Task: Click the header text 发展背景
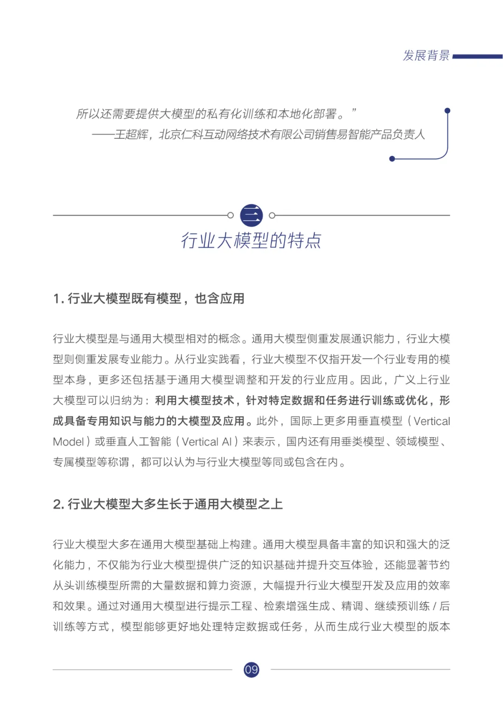pos(426,56)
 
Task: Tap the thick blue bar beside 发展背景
pos(477,57)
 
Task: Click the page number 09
pos(251,670)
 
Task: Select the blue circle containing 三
pos(251,215)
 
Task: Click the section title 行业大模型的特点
pos(251,241)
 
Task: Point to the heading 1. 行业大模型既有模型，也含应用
pos(149,298)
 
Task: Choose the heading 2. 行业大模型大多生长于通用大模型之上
pos(168,504)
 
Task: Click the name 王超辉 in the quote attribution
pos(131,135)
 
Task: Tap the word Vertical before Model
pos(432,421)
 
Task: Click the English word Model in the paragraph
pos(68,442)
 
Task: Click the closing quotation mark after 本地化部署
pos(354,111)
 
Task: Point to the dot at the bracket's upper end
pos(448,111)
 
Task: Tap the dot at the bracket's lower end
pos(392,159)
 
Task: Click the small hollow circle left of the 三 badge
pos(230,215)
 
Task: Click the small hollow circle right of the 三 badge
pos(272,215)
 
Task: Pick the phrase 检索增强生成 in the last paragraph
pos(296,606)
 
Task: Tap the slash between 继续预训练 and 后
pos(435,606)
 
